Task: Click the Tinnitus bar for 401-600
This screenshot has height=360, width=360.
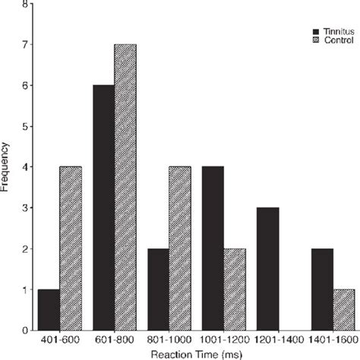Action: (49, 310)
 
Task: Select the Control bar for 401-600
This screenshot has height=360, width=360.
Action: (71, 248)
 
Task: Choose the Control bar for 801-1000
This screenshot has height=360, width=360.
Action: (179, 248)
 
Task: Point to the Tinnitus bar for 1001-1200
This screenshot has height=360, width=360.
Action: (213, 248)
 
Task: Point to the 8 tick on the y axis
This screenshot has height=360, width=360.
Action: (28, 4)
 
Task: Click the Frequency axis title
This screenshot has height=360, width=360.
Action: (7, 165)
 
